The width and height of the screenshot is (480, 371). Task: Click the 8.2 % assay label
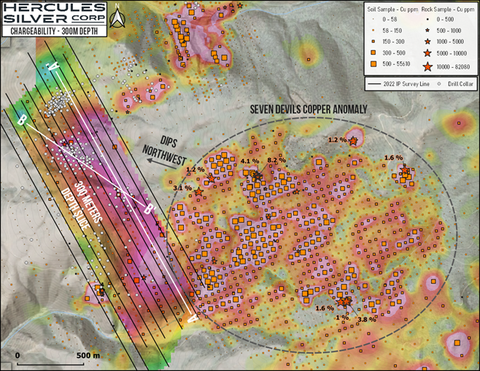coord(276,160)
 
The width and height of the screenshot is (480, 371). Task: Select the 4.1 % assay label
coord(249,161)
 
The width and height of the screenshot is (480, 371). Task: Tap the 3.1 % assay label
coord(182,188)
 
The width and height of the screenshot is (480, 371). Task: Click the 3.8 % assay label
coord(367,318)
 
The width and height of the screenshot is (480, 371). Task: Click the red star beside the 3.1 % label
coord(198,191)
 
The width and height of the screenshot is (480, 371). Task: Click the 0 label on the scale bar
coord(18,356)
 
